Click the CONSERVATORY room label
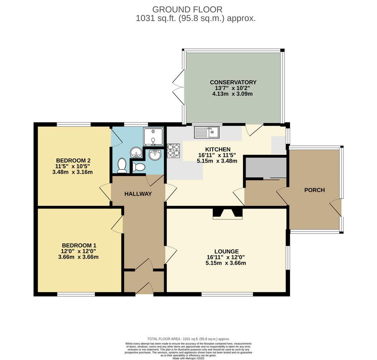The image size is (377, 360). pos(233,82)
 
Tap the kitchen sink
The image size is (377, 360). pos(207,132)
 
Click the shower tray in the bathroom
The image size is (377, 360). pos(153,136)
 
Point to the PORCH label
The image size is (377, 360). pos(314,190)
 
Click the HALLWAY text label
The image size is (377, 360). pos(138,194)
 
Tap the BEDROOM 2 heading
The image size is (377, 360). pos(73,160)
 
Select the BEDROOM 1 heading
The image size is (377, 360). pos(79,245)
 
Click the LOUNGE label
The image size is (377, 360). pos(227,251)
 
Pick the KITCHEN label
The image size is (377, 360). pos(218,149)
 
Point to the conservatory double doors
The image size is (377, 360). pos(178,87)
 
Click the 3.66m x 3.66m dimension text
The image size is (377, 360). pos(78,257)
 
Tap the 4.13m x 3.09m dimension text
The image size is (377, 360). pos(232,94)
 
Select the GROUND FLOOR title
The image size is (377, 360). pos(187,10)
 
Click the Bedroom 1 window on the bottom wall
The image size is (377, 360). pos(76,294)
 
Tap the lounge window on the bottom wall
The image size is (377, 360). pos(227,294)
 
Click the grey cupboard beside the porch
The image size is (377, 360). pos(266,167)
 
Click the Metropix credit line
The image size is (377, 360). pos(188,358)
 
